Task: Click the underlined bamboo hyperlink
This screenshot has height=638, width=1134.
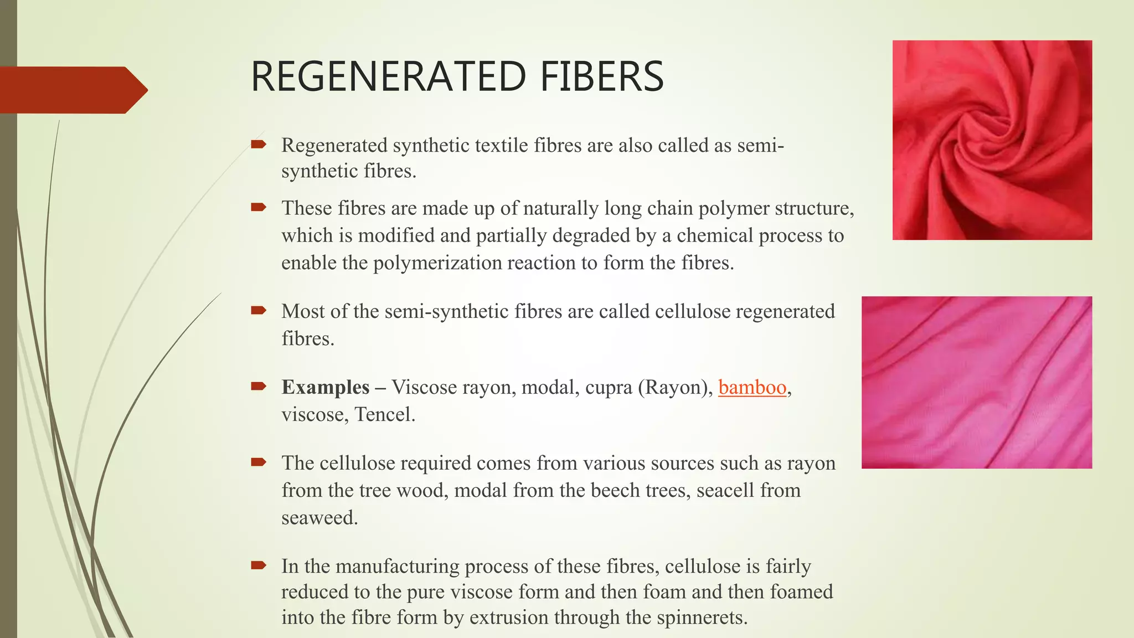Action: [752, 387]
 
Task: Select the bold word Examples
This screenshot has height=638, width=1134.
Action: [326, 387]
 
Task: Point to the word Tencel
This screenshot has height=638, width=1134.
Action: [384, 414]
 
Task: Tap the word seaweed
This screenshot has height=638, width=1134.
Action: [319, 518]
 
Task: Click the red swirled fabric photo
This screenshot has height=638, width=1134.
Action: [992, 140]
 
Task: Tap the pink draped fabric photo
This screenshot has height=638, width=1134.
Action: [976, 382]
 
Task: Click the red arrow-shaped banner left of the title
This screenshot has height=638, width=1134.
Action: [72, 90]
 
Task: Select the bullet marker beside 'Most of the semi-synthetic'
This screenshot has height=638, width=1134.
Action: [259, 310]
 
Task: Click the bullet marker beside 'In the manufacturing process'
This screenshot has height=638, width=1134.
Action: [259, 565]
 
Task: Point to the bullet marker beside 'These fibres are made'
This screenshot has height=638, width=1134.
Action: [259, 207]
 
